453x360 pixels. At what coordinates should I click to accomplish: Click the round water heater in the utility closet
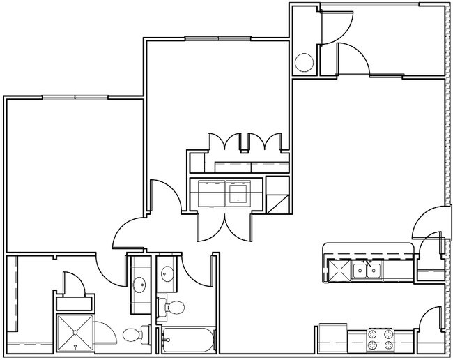(305, 63)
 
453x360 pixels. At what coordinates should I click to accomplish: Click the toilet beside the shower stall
(132, 334)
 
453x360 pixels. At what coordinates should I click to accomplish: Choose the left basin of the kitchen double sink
(360, 270)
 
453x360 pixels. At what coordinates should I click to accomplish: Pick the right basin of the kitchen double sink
(374, 270)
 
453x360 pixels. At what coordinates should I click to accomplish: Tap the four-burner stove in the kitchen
(381, 340)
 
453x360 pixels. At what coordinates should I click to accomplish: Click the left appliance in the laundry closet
(211, 192)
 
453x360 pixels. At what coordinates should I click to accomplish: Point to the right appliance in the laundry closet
(238, 192)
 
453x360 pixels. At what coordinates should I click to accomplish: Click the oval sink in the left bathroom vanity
(138, 284)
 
